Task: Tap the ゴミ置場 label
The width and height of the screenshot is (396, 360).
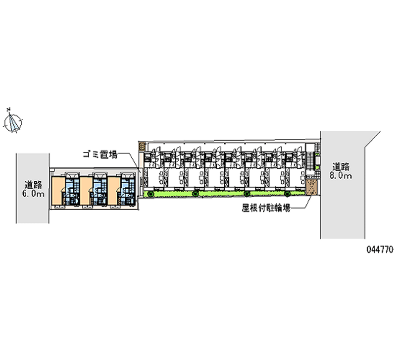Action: point(99,155)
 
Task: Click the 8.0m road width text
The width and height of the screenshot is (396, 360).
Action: point(342,175)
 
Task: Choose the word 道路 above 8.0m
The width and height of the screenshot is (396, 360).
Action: point(342,166)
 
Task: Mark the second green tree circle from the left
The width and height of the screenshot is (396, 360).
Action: point(196,194)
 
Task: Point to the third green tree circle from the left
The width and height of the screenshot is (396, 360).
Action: point(247,194)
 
